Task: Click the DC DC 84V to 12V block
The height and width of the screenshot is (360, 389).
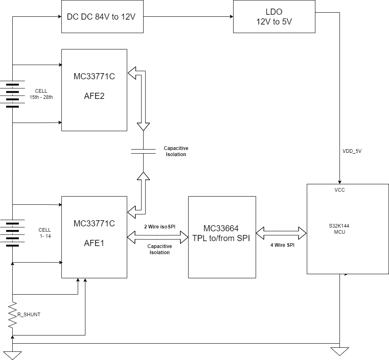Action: tap(102, 17)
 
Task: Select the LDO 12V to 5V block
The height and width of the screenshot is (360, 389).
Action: tap(274, 17)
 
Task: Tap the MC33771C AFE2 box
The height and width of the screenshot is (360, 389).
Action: tap(94, 90)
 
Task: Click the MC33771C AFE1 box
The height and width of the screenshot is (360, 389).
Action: tap(94, 237)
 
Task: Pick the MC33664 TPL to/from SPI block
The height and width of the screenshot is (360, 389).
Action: tap(222, 237)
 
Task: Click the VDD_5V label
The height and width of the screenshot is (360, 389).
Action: tap(352, 151)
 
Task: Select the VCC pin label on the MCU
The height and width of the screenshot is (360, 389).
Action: tap(340, 190)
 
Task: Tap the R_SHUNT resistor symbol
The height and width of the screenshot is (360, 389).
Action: tap(13, 314)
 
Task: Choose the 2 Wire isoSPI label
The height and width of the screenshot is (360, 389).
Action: tap(160, 226)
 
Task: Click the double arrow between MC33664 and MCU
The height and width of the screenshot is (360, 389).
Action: tap(281, 233)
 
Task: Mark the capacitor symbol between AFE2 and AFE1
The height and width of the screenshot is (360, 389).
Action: tap(143, 151)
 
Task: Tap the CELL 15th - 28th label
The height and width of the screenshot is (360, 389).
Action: tap(41, 94)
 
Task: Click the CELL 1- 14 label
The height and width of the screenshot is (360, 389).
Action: tap(45, 233)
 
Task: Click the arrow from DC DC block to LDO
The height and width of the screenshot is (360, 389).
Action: tap(188, 17)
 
